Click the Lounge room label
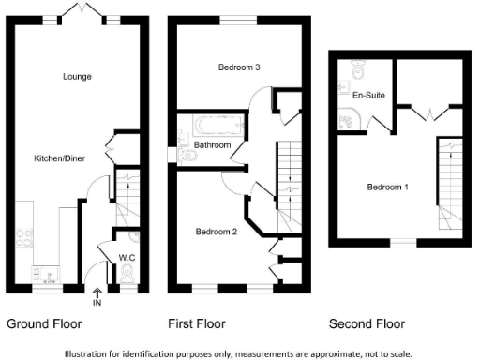77,76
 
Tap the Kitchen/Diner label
60,158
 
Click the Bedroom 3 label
239,67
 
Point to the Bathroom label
213,146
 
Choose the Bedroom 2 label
216,231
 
